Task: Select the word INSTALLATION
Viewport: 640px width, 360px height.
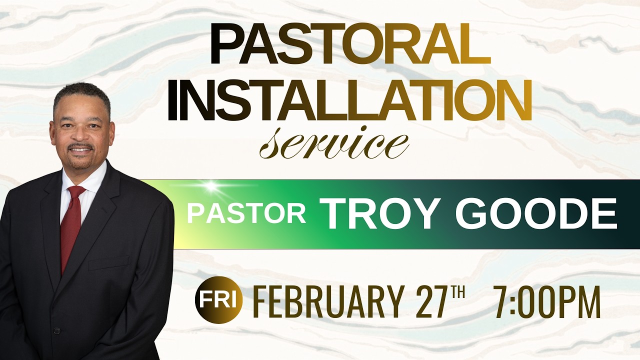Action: (x=349, y=102)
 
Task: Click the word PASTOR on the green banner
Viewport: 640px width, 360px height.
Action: (x=246, y=213)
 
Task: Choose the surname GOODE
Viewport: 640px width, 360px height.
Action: (x=535, y=213)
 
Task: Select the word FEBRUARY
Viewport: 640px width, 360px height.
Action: (x=327, y=301)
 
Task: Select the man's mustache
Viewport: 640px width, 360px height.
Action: (x=80, y=147)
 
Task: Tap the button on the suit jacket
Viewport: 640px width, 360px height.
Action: (x=56, y=330)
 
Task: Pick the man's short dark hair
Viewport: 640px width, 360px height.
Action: (x=80, y=92)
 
